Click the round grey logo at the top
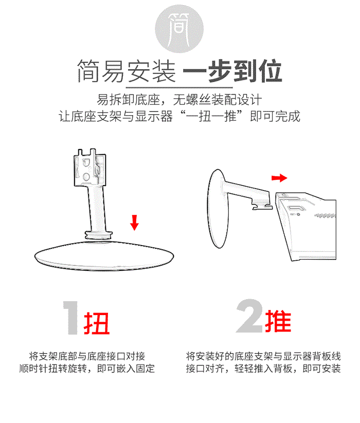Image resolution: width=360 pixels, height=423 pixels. [179, 29]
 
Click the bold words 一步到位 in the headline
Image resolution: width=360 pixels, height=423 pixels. [232, 71]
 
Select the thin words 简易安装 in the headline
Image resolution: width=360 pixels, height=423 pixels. [127, 71]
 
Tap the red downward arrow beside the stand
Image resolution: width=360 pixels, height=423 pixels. [134, 222]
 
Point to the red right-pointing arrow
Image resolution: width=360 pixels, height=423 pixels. [279, 178]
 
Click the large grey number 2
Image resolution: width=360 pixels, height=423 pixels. [249, 316]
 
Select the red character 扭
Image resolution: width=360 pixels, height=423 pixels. [96, 323]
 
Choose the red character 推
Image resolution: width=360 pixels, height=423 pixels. [278, 321]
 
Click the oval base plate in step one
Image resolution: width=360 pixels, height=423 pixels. [104, 255]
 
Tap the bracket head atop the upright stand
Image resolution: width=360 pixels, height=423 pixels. [89, 168]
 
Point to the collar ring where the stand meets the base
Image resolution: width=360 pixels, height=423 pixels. [99, 235]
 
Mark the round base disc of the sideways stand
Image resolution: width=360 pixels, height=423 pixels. [218, 209]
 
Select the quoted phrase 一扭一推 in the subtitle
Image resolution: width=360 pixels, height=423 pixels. [211, 117]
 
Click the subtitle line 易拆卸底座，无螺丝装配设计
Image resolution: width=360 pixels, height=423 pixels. [179, 100]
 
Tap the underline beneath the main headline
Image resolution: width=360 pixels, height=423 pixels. [179, 87]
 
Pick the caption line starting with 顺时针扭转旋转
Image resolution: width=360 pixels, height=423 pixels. [87, 369]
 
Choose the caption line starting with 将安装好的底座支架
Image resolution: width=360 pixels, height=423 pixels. [263, 356]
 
